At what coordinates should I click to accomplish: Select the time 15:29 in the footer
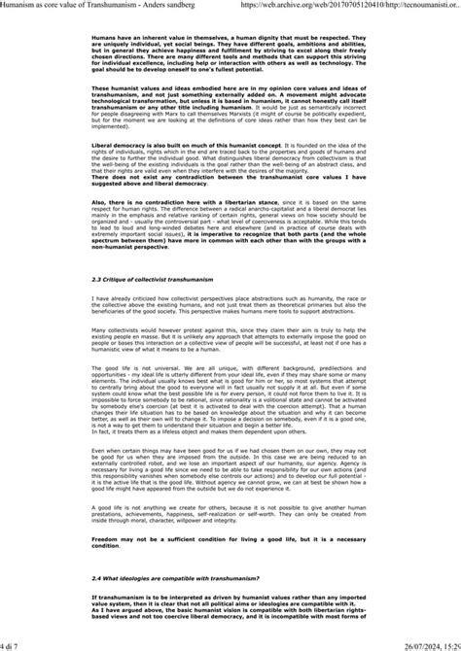pos(447,644)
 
